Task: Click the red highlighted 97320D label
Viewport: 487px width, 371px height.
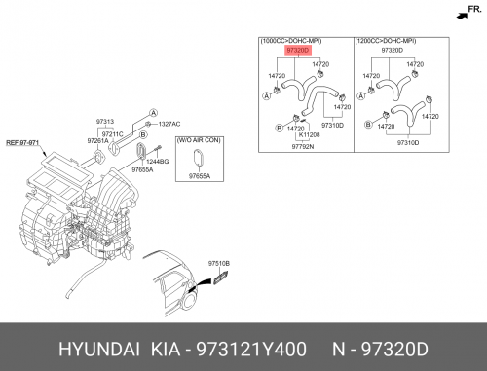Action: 298,51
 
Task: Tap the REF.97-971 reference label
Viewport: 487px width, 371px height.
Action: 22,143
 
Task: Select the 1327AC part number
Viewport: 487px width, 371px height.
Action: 169,124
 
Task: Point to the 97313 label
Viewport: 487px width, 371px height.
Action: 105,122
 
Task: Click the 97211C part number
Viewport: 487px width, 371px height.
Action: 112,134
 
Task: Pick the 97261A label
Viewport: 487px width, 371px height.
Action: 97,141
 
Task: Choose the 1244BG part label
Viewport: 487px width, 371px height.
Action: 158,162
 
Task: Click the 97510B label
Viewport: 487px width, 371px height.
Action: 219,264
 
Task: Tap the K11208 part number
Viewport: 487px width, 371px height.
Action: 309,134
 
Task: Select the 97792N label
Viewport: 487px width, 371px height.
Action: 303,147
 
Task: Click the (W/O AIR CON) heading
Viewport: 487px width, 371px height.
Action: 199,140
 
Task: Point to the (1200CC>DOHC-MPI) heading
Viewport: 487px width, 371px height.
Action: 386,41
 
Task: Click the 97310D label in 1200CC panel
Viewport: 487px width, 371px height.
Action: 408,143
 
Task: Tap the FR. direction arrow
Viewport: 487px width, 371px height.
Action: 462,16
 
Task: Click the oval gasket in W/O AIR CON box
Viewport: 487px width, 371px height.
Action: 198,159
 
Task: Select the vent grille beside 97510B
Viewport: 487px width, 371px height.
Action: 221,278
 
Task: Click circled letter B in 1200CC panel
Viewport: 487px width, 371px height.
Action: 368,125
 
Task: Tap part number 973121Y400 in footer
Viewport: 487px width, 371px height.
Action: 251,350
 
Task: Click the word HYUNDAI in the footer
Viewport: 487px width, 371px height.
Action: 99,350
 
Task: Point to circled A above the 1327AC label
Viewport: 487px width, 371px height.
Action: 153,113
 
